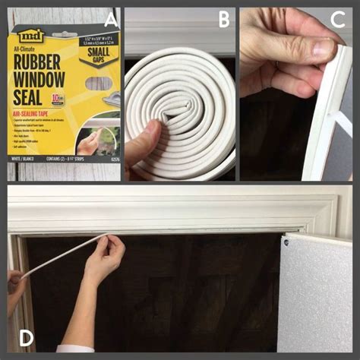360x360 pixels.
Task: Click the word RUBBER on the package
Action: coord(43,63)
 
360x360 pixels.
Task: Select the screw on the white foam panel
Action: coord(287,243)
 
